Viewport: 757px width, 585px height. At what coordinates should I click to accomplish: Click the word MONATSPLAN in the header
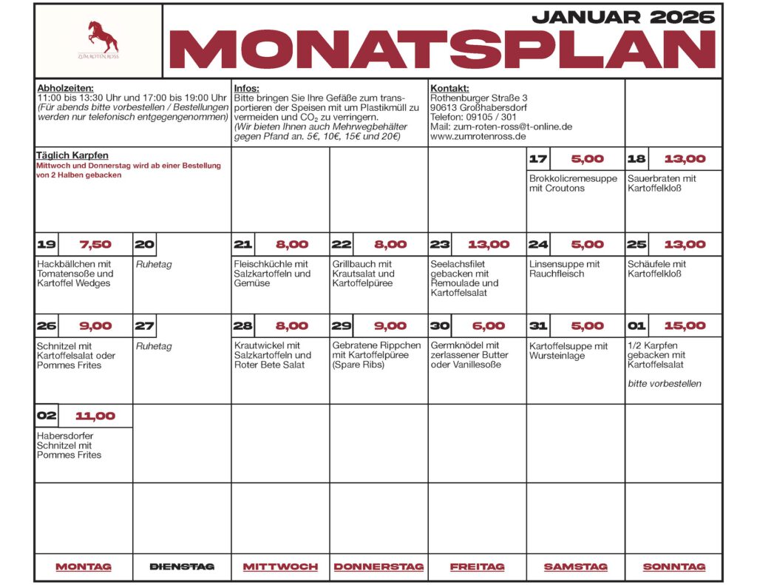[443, 50]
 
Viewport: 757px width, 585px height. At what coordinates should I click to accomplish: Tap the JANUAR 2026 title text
[623, 16]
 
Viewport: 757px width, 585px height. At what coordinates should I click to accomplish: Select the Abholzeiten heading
[65, 88]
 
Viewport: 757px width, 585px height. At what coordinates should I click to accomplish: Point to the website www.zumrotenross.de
[478, 136]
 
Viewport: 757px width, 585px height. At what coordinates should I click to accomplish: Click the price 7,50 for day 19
[95, 245]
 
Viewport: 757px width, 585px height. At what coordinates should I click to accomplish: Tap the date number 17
[538, 159]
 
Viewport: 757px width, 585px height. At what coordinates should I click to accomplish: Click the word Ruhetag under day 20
[153, 264]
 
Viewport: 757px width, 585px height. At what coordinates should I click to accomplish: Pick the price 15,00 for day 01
[685, 325]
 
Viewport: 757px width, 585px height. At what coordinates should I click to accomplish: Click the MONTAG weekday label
[84, 567]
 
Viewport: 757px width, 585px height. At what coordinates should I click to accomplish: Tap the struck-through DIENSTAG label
[182, 567]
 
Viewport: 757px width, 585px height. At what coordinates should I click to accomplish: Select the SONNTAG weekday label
[673, 567]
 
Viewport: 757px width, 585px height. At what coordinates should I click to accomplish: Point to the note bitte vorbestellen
[665, 384]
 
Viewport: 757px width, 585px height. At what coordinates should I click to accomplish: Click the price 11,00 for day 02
[95, 416]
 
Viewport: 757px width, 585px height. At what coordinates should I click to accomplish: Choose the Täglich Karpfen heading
[72, 155]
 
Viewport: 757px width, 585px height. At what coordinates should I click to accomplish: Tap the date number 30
[440, 325]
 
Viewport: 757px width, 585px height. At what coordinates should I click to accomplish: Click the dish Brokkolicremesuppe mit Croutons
[573, 183]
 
